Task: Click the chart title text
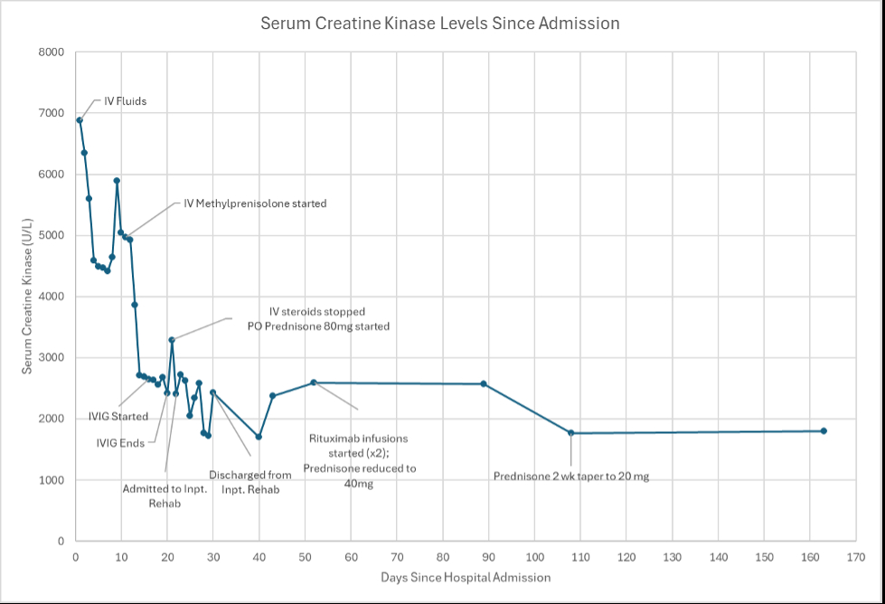point(440,24)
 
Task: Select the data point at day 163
point(824,431)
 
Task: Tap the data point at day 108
point(571,433)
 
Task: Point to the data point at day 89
point(484,384)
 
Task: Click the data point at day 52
point(314,382)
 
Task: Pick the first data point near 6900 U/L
point(80,120)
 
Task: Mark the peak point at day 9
point(117,181)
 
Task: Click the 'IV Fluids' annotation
point(125,102)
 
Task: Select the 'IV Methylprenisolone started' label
point(255,204)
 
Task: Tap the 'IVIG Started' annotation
point(118,417)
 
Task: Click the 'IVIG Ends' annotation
point(121,443)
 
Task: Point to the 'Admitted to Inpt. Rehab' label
point(165,496)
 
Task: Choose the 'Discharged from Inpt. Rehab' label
point(250,482)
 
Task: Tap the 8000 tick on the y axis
point(52,52)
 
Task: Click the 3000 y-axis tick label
point(52,358)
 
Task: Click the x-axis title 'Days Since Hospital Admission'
point(466,577)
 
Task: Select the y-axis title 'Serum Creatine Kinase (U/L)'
point(28,296)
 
